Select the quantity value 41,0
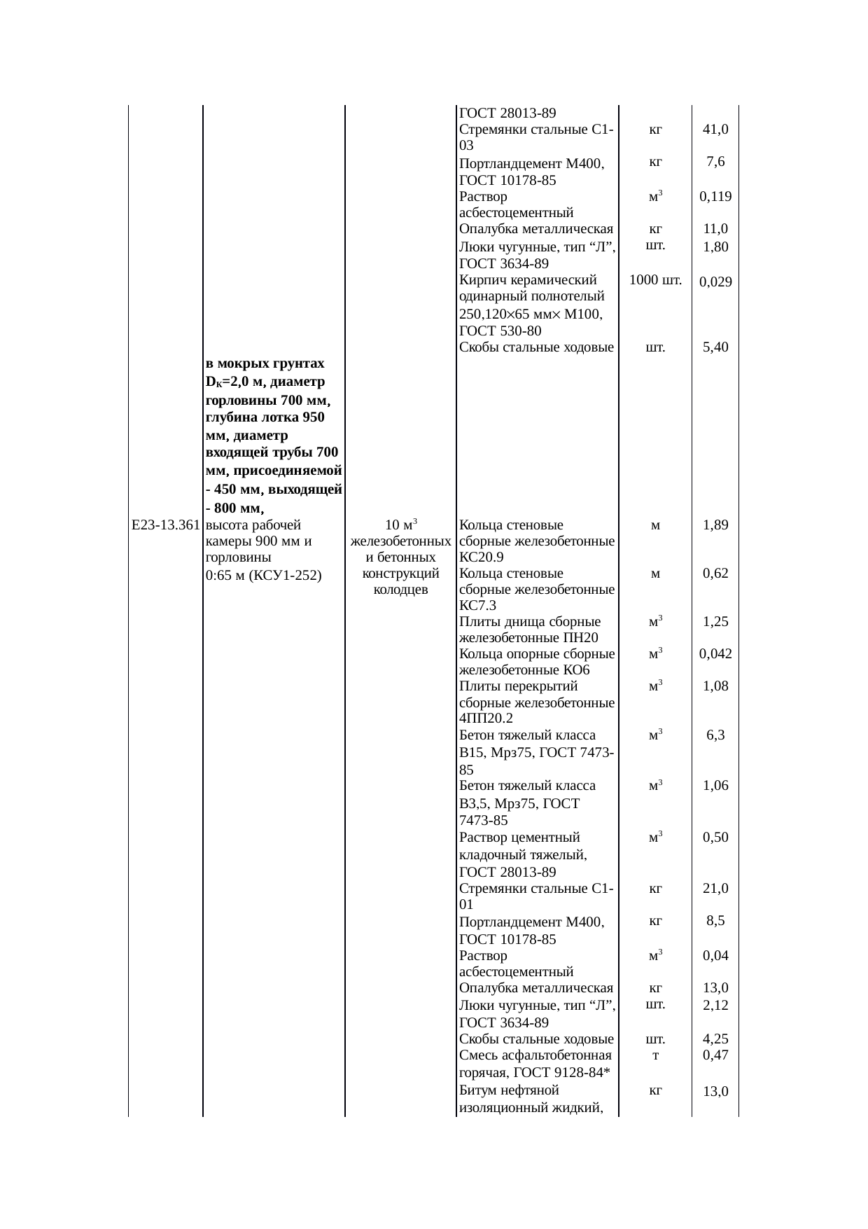tap(715, 130)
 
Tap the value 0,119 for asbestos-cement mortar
tap(715, 197)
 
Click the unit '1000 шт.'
tap(655, 281)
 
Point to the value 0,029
tap(715, 282)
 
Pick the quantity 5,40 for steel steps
tap(715, 347)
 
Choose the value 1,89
tap(715, 525)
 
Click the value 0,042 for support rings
tap(715, 654)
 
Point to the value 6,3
tap(715, 735)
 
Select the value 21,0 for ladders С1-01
tap(715, 889)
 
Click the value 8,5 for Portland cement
tap(715, 922)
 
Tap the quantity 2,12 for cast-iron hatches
tap(715, 1006)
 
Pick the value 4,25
tap(715, 1039)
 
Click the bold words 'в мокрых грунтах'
tap(265, 363)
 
